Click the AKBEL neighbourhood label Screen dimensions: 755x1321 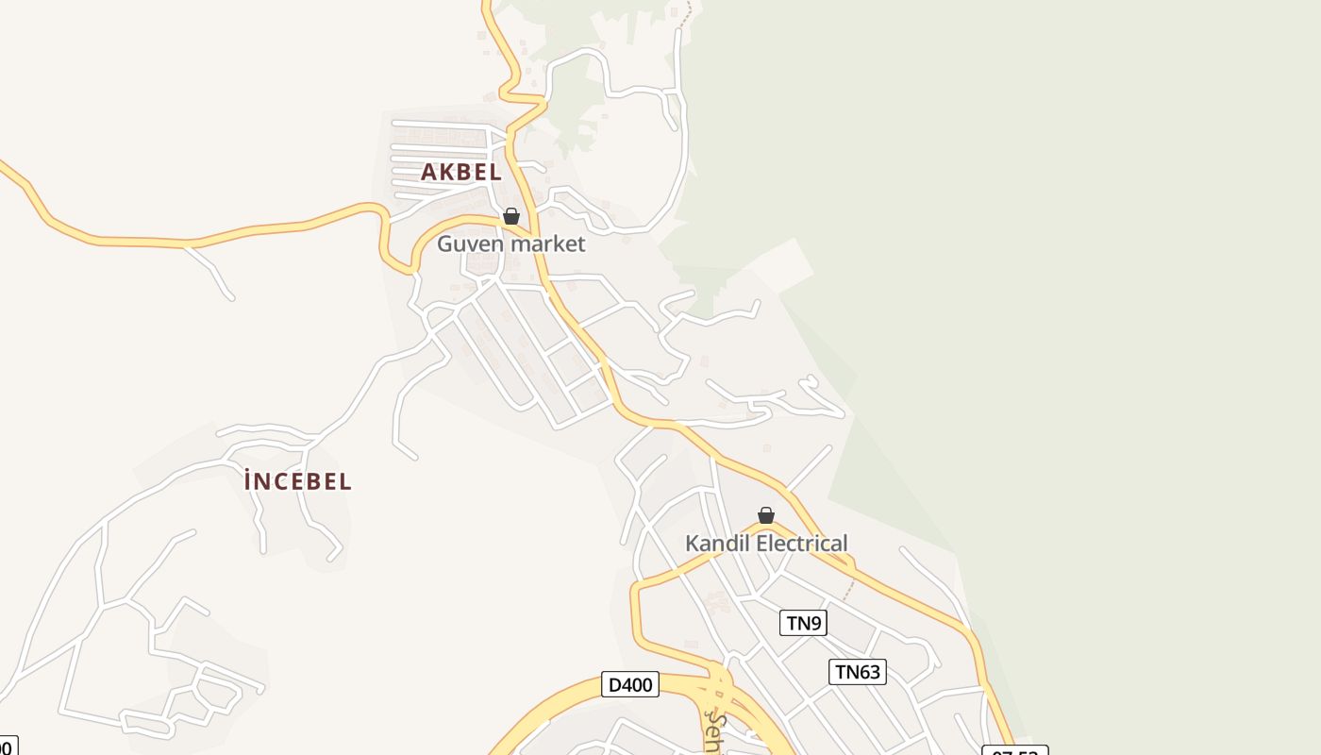tap(460, 172)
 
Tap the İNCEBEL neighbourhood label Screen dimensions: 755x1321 tap(297, 481)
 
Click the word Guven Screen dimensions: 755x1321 tap(469, 243)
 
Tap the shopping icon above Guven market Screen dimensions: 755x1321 tap(511, 216)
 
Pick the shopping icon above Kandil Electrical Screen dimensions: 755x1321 tap(766, 515)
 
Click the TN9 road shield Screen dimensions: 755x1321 tap(803, 623)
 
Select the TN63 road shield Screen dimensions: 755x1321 tap(858, 672)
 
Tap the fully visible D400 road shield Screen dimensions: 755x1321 tap(629, 684)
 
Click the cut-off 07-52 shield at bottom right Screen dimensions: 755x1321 tap(1014, 751)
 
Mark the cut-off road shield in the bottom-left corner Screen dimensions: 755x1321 tap(8, 747)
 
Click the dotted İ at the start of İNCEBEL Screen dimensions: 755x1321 tap(249, 481)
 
